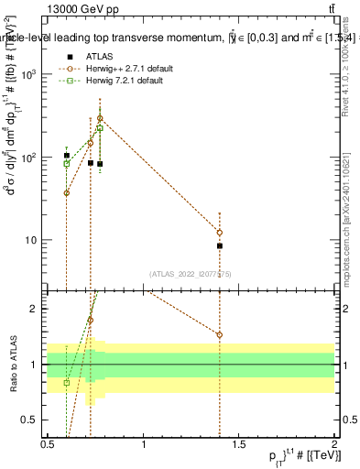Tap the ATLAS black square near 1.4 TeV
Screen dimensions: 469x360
click(x=220, y=245)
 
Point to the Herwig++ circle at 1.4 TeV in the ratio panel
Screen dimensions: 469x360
click(x=220, y=334)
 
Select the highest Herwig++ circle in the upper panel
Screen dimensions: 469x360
click(x=100, y=118)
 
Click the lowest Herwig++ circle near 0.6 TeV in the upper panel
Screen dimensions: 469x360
click(x=67, y=193)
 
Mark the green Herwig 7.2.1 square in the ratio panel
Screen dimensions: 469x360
click(x=67, y=382)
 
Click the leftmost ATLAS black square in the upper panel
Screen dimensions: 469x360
click(x=67, y=156)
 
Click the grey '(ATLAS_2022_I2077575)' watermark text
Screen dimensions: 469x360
click(x=191, y=273)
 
